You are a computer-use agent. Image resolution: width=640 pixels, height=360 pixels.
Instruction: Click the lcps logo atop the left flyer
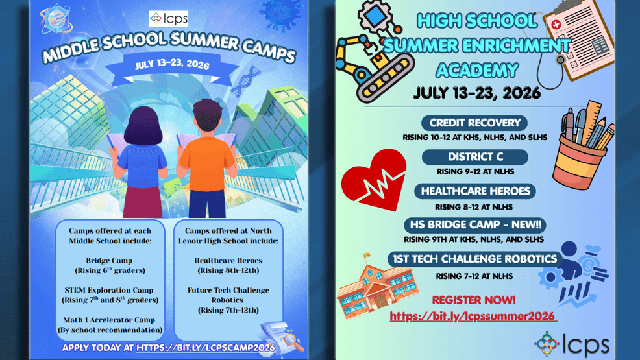point(168,19)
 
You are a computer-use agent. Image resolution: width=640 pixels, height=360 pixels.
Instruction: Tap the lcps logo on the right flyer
point(572,344)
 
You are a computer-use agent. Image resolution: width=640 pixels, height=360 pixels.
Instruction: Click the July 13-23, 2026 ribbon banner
point(172,66)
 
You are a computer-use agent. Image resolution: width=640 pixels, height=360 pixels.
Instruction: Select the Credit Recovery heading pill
point(474,123)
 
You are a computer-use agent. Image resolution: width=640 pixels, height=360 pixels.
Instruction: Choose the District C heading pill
point(474,157)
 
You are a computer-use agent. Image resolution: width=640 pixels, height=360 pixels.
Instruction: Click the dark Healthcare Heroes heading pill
point(475,191)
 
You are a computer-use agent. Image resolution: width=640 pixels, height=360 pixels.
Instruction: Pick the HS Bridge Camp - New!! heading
point(474,225)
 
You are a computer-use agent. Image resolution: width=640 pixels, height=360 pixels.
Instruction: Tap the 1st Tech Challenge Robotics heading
point(475,259)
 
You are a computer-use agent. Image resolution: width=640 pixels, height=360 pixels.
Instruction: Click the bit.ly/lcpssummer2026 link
point(473,317)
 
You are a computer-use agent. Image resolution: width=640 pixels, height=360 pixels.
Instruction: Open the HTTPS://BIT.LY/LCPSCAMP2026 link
point(206,348)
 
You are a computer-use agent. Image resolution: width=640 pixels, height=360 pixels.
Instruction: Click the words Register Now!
point(474,300)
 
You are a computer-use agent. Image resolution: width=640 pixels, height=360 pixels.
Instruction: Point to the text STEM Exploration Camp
point(110,290)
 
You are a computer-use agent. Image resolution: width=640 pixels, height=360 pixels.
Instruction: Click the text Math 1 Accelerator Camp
point(110,320)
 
